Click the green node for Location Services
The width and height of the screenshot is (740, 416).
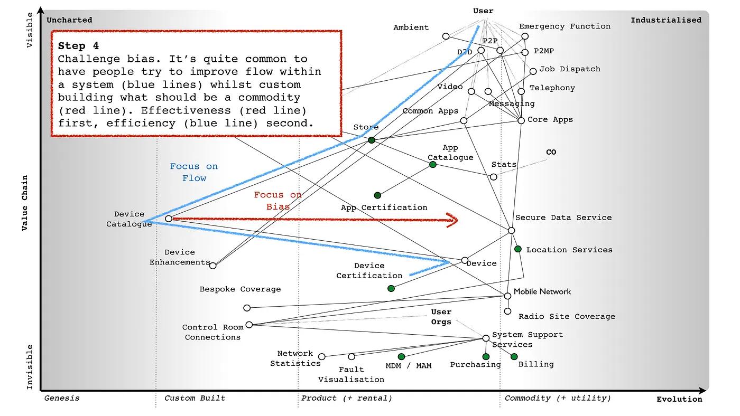(518, 249)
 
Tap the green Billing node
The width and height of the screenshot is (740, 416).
(514, 357)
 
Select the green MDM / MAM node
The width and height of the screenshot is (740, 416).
(401, 357)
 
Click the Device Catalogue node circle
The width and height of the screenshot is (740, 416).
(169, 219)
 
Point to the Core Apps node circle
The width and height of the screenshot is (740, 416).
(521, 121)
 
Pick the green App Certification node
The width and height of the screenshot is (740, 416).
(377, 196)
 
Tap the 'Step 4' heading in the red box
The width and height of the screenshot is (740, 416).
(78, 46)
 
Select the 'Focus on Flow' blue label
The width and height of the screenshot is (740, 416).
(193, 172)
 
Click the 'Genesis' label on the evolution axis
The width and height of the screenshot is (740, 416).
(62, 398)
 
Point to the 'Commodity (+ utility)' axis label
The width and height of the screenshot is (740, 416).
(558, 398)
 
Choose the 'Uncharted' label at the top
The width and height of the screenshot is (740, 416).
(69, 20)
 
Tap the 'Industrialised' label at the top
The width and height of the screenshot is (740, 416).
(666, 20)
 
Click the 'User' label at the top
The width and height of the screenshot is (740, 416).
(483, 11)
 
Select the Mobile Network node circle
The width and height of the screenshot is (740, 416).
(508, 296)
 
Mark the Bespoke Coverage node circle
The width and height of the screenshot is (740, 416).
(247, 308)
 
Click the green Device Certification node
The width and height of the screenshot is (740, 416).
(391, 288)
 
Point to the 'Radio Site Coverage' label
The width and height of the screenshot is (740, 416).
(567, 317)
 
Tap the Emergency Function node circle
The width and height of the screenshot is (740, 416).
(525, 36)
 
